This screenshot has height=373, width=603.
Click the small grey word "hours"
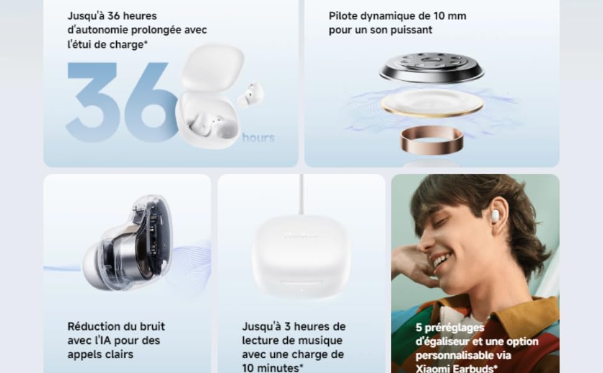pos(258,137)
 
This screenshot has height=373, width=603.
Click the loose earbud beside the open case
pos(251,94)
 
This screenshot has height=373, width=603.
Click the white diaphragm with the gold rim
pos(432,103)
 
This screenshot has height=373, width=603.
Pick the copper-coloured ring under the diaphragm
pos(431,140)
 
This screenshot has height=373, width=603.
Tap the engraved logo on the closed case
pos(301,236)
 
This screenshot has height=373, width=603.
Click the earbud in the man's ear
pos(497,213)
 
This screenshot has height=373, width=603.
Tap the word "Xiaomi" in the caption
pos(433,369)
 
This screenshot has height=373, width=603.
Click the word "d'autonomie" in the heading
pos(98,30)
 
